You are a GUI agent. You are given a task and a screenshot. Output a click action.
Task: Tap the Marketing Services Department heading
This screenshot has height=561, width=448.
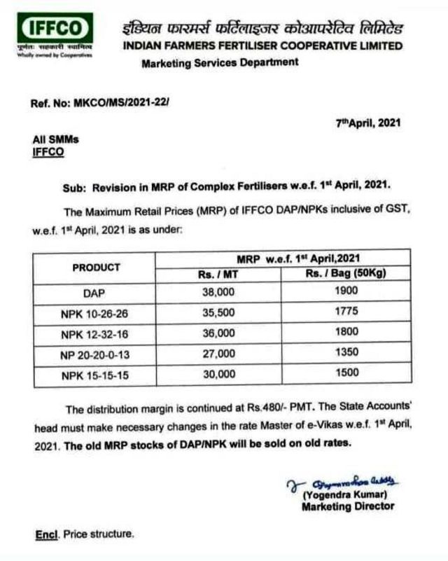[219, 62]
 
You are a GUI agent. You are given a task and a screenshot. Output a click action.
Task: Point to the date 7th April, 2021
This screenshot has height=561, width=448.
[367, 122]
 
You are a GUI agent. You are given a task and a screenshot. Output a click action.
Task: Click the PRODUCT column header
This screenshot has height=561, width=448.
[96, 267]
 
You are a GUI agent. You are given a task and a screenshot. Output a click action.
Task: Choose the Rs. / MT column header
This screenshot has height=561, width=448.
[218, 274]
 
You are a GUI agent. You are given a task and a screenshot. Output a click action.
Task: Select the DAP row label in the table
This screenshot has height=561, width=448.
[94, 294]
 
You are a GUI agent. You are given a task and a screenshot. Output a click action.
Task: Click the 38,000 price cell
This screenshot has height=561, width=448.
[218, 294]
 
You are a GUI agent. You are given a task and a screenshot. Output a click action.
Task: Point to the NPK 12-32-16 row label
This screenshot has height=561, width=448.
[94, 334]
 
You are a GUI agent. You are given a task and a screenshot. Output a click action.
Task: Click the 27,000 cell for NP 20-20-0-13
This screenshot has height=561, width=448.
[218, 354]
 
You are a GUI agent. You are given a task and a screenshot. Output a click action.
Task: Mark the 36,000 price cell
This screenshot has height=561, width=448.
[218, 334]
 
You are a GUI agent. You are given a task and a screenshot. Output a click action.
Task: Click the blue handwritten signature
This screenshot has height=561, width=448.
[342, 482]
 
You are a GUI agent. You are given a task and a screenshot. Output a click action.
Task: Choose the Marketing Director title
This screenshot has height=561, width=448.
[347, 506]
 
